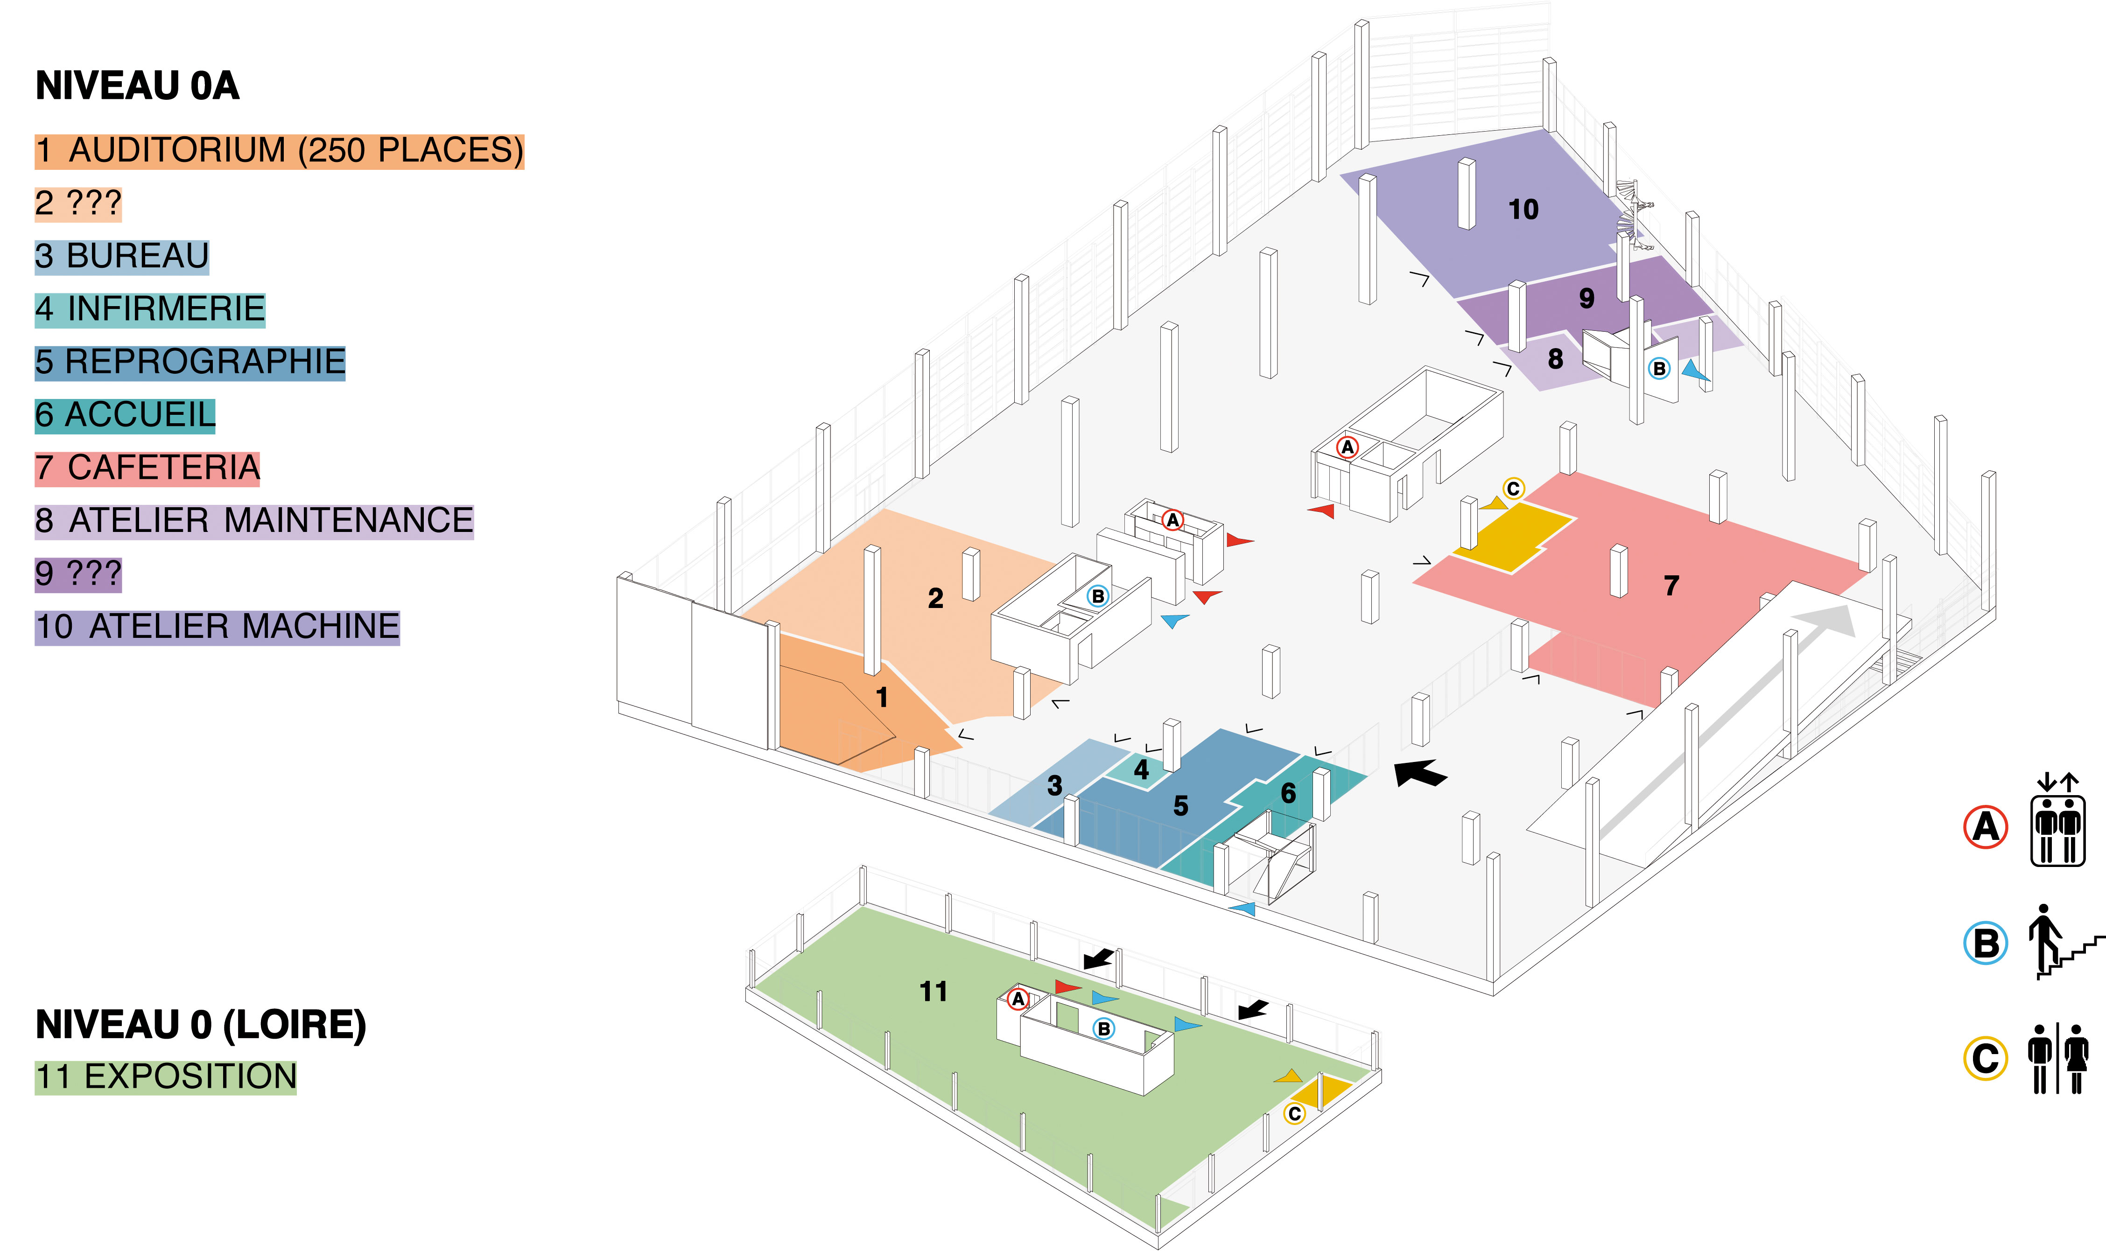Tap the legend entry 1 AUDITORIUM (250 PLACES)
point(279,151)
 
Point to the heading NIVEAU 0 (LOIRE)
point(201,1025)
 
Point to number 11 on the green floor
point(934,992)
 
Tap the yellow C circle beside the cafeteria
point(1513,489)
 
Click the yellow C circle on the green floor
point(1295,1114)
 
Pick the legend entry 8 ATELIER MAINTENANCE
point(254,521)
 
